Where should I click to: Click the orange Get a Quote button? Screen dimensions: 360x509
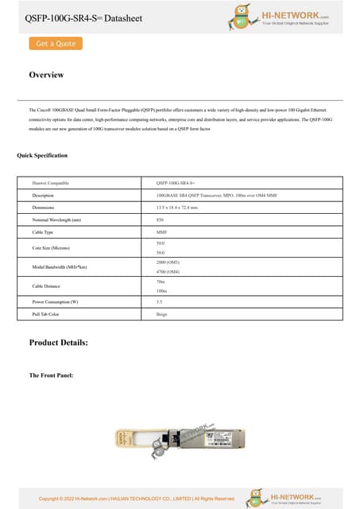tap(56, 44)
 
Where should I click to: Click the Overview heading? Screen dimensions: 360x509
tap(46, 75)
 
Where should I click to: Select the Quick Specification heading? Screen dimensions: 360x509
tap(42, 155)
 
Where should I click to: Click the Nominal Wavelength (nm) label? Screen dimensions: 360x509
tap(56, 220)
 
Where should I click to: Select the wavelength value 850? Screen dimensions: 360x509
tap(161, 220)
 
